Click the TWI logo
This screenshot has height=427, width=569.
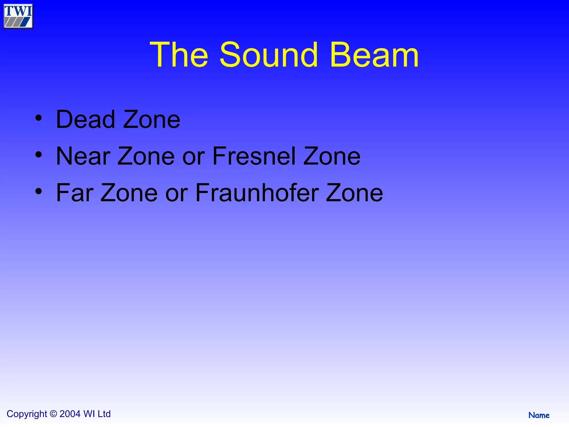point(18,16)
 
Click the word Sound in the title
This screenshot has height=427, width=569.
point(268,55)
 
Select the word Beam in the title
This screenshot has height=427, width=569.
point(374,55)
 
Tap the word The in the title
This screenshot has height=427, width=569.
point(179,55)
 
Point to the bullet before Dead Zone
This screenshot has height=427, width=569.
point(39,118)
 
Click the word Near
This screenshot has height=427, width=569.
point(83,156)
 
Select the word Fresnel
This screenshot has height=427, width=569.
point(254,156)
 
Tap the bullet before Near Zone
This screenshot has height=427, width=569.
point(39,155)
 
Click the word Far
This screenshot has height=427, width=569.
point(75,193)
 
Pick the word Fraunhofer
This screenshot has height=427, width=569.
point(257,193)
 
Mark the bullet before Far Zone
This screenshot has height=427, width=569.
point(39,191)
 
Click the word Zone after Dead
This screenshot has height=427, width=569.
point(152,120)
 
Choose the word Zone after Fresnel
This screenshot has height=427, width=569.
point(332,156)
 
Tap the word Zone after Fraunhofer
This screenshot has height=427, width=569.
point(354,193)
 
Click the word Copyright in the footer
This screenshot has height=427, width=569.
point(27,414)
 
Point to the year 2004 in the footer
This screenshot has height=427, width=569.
point(70,414)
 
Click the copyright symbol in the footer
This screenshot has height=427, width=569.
point(53,414)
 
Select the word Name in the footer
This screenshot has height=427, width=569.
point(539,415)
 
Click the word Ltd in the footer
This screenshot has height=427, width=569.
point(104,414)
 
